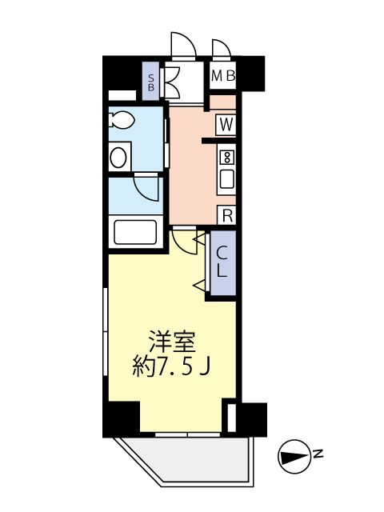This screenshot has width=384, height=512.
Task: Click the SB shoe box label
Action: pos(153,82)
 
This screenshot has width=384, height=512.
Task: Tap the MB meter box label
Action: pos(223,77)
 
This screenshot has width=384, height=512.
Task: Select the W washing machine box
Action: pos(226,125)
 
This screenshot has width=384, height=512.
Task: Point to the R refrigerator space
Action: pos(227,214)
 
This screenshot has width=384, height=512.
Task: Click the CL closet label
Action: pos(222,262)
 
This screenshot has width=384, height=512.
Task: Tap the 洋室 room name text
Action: pos(172,343)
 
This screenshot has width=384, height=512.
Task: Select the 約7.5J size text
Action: pos(172,368)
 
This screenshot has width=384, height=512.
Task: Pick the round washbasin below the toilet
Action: pos(119,155)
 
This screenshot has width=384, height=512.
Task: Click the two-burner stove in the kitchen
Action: pos(226,156)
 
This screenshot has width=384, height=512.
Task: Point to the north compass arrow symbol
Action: pos(292,456)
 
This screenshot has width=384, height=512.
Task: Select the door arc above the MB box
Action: pos(222,48)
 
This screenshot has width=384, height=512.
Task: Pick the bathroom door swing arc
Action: pos(147,188)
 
